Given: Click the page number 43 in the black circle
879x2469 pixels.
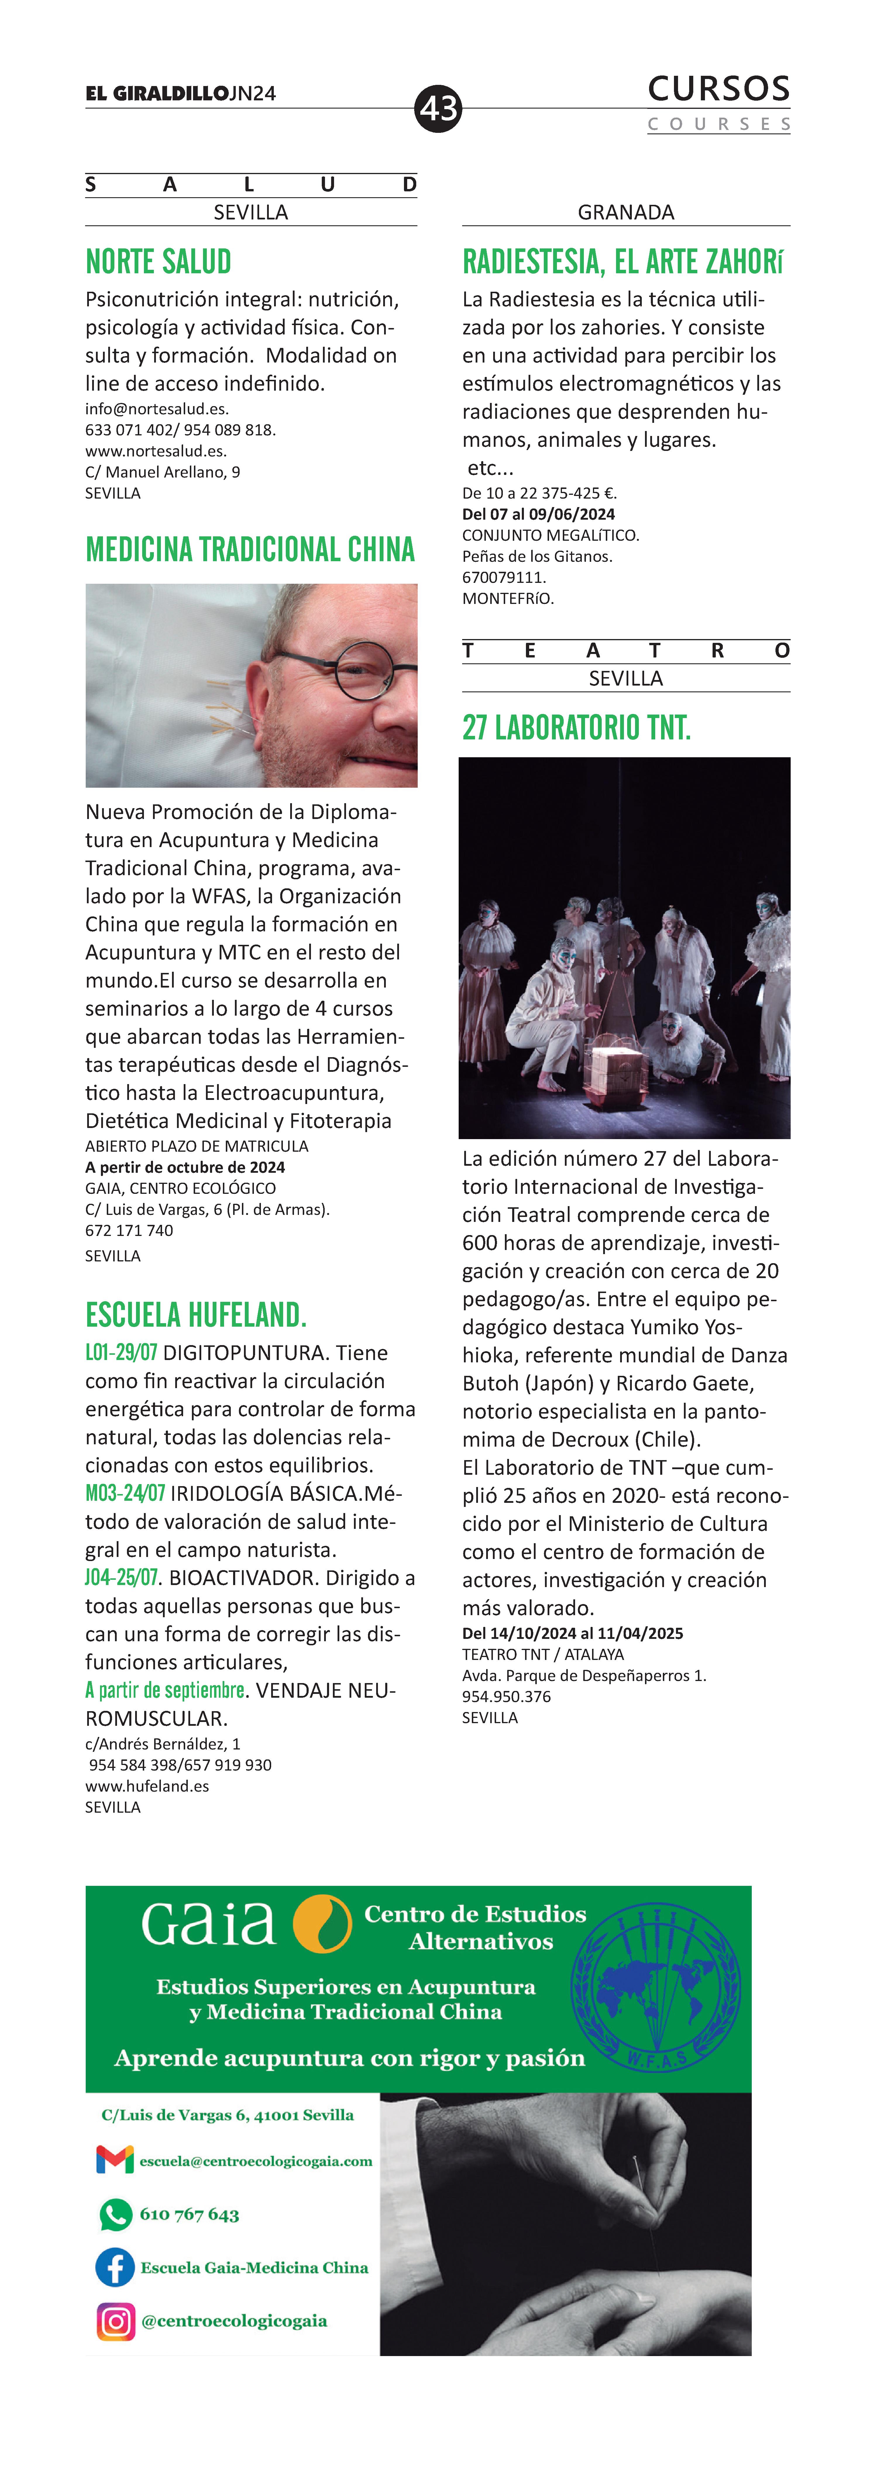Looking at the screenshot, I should click(438, 108).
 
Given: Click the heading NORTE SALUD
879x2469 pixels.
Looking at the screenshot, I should click(158, 262).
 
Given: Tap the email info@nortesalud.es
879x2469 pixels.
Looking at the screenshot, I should click(156, 408).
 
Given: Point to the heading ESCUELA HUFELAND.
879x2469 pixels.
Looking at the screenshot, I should click(196, 1315).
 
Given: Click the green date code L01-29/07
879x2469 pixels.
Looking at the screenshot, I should click(121, 1352).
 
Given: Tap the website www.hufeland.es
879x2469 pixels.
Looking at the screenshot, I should click(147, 1785).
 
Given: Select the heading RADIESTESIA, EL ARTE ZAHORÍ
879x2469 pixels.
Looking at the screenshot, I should click(623, 262).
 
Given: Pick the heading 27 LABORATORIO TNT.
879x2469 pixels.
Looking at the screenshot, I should click(576, 728).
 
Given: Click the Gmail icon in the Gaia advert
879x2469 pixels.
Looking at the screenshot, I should click(115, 2160).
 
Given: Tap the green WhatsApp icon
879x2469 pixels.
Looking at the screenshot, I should click(115, 2214).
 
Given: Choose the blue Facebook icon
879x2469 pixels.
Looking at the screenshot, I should click(115, 2268).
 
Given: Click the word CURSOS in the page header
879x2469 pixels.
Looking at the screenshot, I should click(719, 89).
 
